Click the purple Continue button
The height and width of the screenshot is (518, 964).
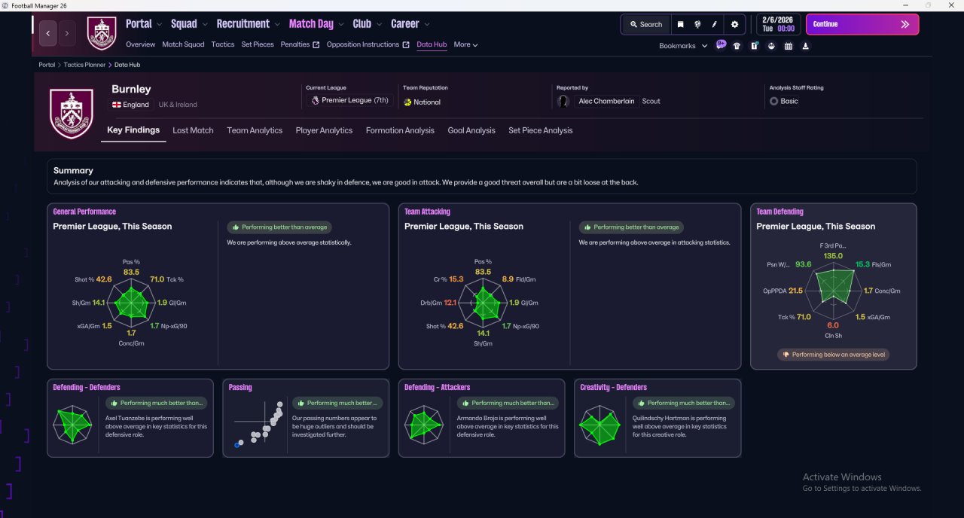click(862, 24)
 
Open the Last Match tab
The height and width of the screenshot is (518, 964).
click(193, 130)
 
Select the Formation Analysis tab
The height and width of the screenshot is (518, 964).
click(400, 130)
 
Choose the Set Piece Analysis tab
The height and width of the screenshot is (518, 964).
click(540, 130)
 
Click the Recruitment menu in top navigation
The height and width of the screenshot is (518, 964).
click(243, 23)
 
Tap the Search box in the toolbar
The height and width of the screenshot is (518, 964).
click(646, 25)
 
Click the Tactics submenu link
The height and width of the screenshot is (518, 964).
click(222, 44)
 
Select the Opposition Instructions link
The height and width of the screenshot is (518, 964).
click(363, 44)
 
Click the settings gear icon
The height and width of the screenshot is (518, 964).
click(734, 25)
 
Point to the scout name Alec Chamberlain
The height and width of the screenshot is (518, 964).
click(606, 101)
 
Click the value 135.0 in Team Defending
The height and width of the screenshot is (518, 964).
click(833, 256)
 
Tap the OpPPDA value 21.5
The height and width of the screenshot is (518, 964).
click(796, 291)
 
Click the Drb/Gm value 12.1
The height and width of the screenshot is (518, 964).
click(450, 303)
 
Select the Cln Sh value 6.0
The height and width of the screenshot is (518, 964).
click(833, 325)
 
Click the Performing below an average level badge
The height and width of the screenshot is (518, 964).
click(833, 355)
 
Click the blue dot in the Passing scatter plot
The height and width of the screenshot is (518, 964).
click(236, 445)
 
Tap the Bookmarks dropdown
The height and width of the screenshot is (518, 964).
click(683, 46)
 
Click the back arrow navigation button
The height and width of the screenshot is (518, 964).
click(48, 33)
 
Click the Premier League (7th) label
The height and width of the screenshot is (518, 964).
click(355, 100)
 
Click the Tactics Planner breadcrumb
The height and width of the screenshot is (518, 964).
click(84, 65)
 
